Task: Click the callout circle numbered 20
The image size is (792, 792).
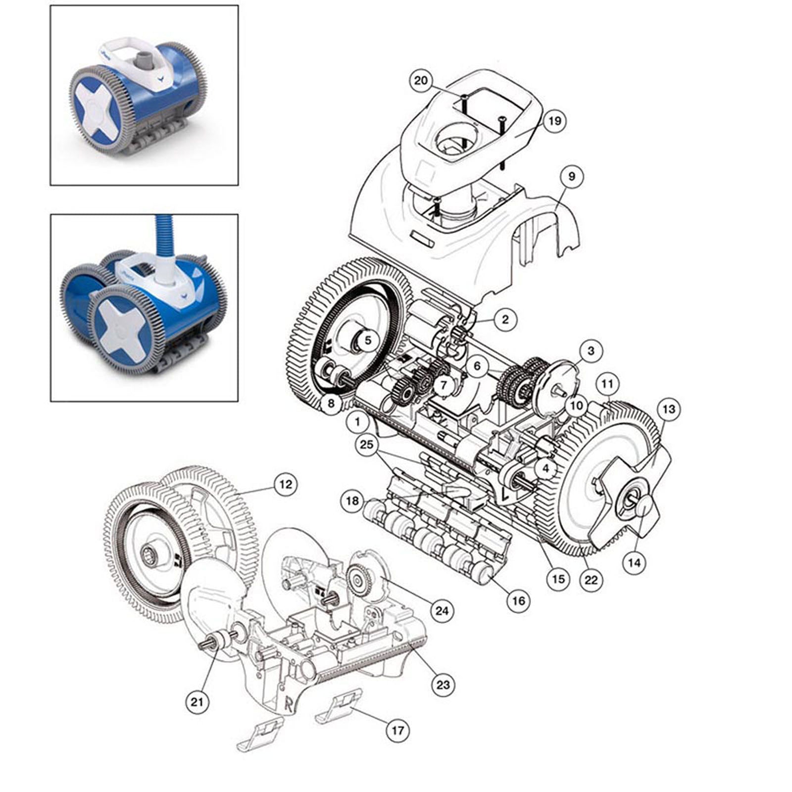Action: [420, 80]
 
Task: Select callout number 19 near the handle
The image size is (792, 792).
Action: [554, 120]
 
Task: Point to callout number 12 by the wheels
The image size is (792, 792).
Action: [286, 484]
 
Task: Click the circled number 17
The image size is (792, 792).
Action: [398, 730]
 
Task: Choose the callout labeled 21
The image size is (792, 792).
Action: [197, 702]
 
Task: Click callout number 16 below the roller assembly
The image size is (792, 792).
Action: [518, 601]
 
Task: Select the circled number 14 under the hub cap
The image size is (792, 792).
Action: [635, 562]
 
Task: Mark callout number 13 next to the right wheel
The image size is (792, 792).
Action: [668, 409]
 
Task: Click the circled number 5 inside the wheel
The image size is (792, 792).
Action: [367, 341]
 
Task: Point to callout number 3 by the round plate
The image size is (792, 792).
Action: [591, 351]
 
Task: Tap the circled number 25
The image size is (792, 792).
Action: [367, 445]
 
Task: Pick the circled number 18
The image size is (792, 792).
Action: [352, 500]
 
